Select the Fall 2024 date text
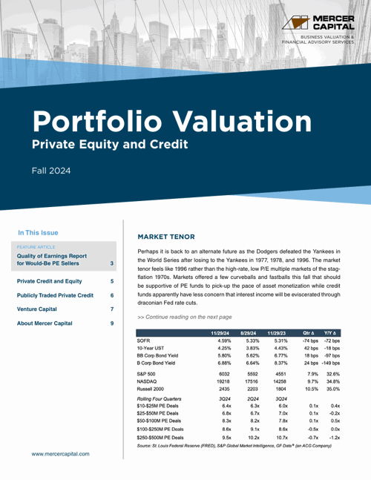(51, 171)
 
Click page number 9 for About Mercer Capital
(111, 323)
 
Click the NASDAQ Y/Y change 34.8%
(332, 382)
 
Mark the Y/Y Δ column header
(332, 333)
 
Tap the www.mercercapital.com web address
(60, 453)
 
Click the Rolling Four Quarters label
(159, 398)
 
